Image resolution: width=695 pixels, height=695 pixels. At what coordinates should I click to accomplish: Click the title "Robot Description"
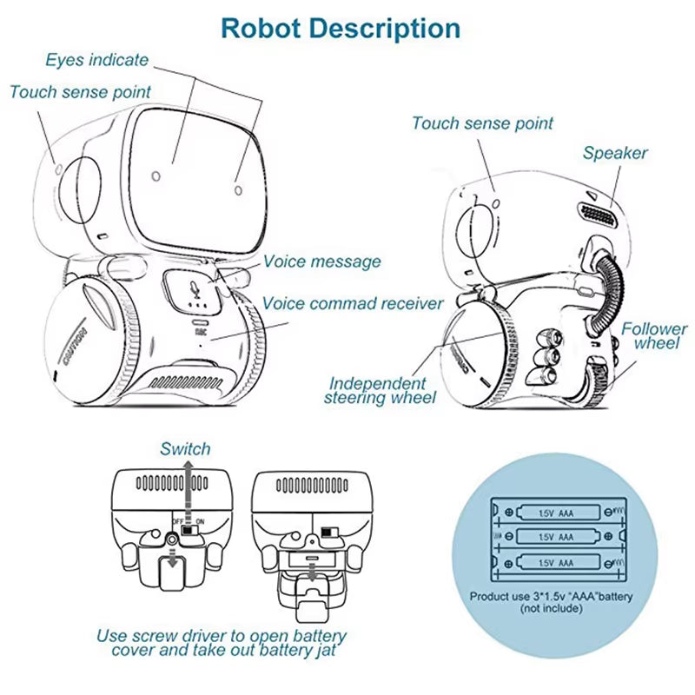click(x=340, y=28)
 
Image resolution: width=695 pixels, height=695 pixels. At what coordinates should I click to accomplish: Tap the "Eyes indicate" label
click(x=96, y=61)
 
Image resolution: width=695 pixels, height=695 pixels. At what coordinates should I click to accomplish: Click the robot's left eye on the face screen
click(x=156, y=176)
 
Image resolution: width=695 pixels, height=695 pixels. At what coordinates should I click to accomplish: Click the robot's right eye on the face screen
click(x=237, y=183)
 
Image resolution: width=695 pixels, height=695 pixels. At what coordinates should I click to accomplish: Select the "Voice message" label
click(x=321, y=261)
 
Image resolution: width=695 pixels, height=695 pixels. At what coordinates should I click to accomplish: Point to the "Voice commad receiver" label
click(x=353, y=304)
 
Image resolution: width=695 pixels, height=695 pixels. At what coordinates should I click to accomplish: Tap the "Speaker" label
click(x=615, y=154)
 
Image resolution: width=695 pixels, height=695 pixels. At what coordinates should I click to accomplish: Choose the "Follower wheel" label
click(x=654, y=336)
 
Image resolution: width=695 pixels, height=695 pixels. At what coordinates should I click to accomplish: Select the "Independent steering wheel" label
click(x=378, y=391)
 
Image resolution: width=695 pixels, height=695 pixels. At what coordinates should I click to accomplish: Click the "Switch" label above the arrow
click(x=185, y=449)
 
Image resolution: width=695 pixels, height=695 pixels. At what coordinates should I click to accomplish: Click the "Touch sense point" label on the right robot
click(x=482, y=124)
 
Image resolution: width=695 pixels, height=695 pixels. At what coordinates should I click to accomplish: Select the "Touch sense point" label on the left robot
click(x=80, y=92)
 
